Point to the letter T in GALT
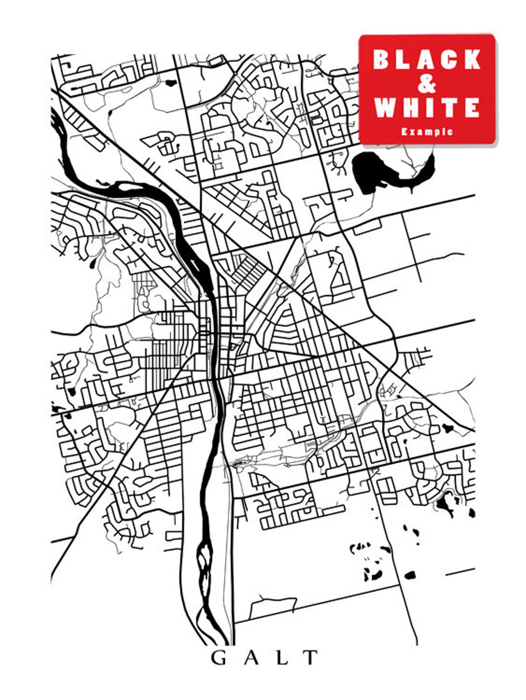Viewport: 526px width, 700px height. click(311, 657)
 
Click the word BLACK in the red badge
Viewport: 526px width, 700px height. click(427, 59)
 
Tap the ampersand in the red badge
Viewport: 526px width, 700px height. click(427, 84)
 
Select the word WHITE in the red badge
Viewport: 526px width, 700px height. click(427, 108)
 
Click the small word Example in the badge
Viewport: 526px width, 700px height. click(427, 132)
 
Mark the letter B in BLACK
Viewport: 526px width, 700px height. click(382, 59)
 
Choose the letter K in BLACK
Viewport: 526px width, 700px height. click(472, 59)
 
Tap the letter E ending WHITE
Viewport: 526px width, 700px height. click(472, 108)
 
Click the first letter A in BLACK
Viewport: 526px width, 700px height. click(426, 59)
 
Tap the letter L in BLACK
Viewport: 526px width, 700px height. click(404, 59)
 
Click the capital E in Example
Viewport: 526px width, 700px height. click(404, 132)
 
